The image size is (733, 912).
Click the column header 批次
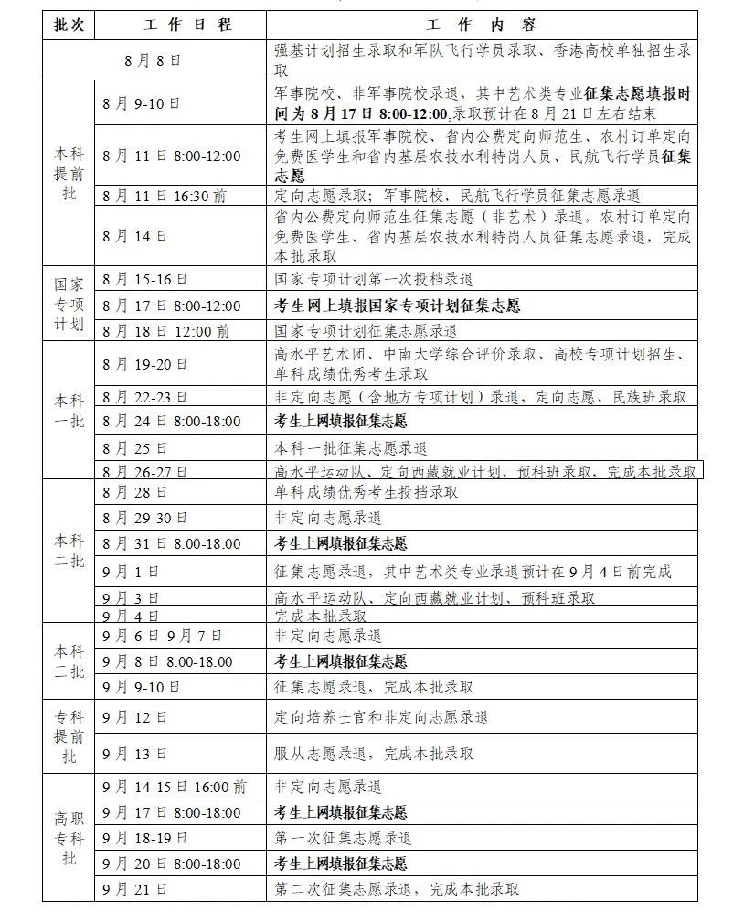(68, 24)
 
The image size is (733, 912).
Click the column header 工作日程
(180, 24)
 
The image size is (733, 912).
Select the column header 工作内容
(482, 24)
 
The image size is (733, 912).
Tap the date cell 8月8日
(154, 60)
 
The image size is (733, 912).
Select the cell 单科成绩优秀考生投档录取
(366, 493)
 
